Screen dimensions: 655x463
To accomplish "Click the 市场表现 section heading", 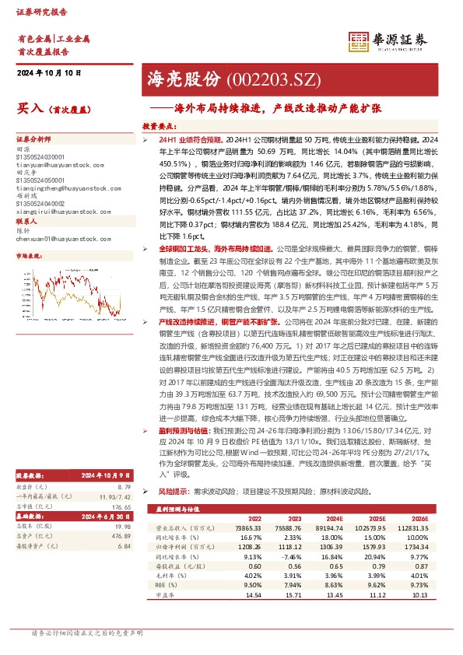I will (32, 254).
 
